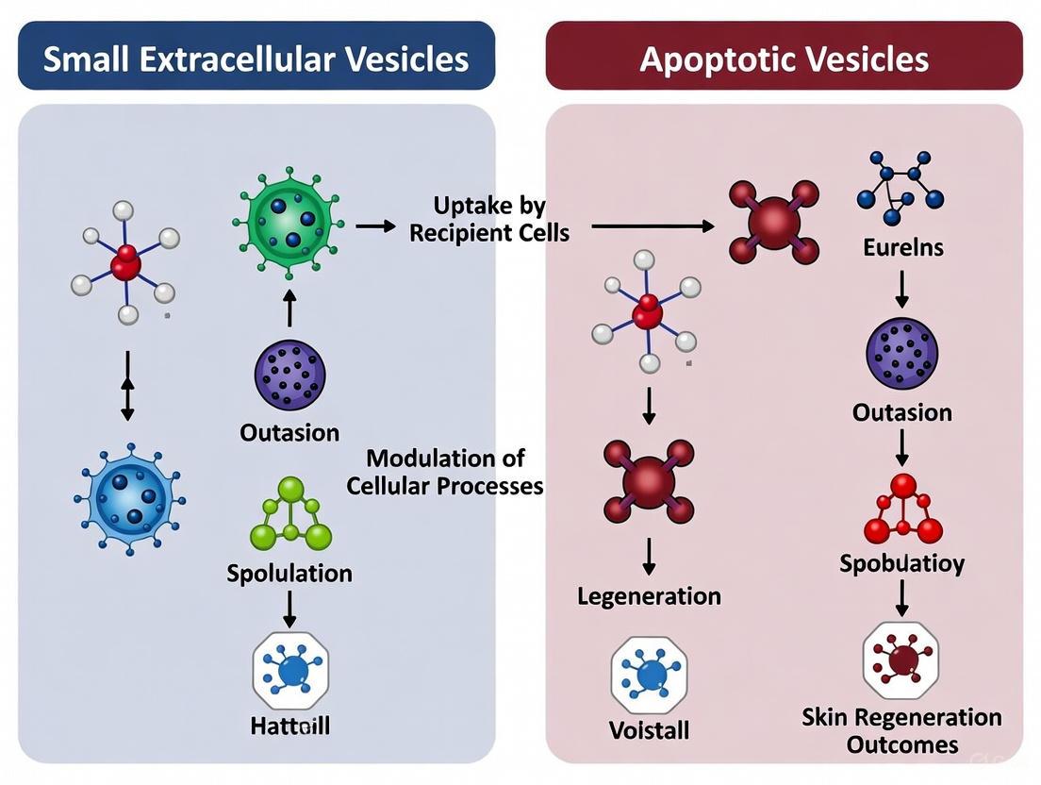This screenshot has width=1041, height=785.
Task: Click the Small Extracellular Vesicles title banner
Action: pos(256,58)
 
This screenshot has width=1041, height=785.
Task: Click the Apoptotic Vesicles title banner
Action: pos(784,58)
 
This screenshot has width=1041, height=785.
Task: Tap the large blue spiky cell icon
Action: pos(129,496)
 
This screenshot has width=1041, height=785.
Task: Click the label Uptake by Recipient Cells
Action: pos(488,219)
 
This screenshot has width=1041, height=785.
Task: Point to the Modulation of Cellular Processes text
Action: pos(445,472)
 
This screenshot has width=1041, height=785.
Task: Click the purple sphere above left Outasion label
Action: pos(289,375)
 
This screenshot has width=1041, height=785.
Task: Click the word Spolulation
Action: pos(289,573)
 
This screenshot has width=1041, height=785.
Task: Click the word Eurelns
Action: pos(902,248)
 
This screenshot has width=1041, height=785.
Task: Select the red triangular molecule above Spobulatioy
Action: pos(903,509)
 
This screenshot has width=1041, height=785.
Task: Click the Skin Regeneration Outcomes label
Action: pos(901,730)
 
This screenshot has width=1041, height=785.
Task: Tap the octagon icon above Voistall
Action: pos(649,675)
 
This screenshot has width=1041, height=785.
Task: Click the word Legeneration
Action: pos(649,596)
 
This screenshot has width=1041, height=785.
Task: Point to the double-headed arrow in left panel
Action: pos(127,386)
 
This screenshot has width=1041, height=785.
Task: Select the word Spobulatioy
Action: pos(902,563)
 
